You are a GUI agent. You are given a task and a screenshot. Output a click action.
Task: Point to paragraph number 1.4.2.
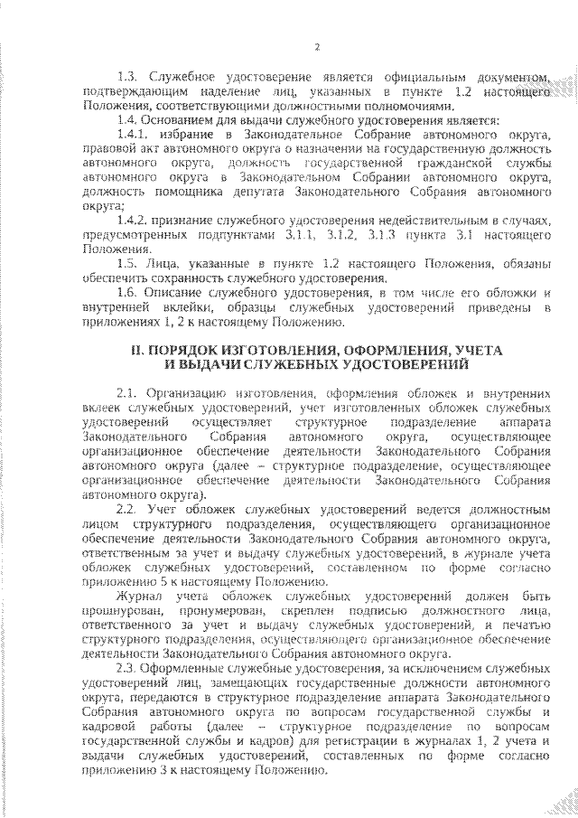coord(135,220)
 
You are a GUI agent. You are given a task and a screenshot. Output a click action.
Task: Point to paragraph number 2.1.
coord(127,394)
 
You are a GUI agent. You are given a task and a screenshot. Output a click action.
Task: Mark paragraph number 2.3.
coord(127,668)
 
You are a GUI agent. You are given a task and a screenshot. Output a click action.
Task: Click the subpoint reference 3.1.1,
coord(293,234)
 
